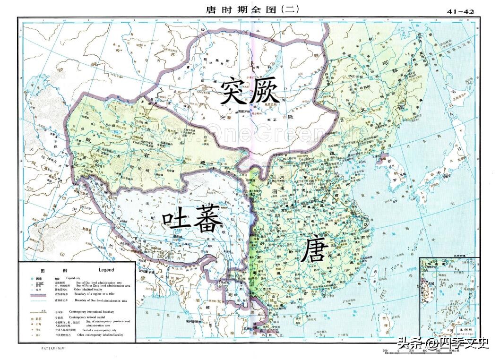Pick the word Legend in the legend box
coord(106,270)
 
